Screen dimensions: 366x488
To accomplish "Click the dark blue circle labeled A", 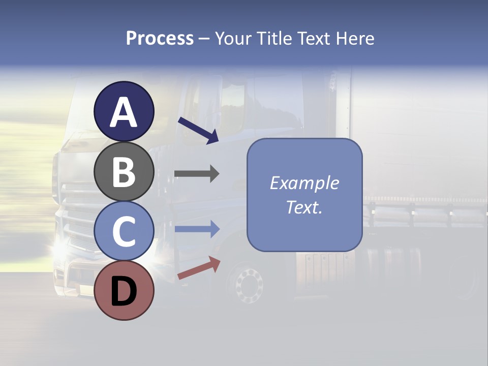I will tap(124, 111).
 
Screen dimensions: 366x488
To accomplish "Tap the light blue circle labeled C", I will tap(124, 231).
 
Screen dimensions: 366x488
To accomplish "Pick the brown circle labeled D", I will tap(124, 290).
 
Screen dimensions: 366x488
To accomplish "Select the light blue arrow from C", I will tap(197, 229).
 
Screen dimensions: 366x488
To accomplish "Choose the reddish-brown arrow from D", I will tap(199, 268).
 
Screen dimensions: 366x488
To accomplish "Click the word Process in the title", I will tap(160, 39).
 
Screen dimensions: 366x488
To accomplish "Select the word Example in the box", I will tap(304, 183).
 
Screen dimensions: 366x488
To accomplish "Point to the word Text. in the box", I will tap(304, 207).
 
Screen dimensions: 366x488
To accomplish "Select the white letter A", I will tap(124, 112).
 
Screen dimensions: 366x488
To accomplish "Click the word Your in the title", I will tap(232, 39).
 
